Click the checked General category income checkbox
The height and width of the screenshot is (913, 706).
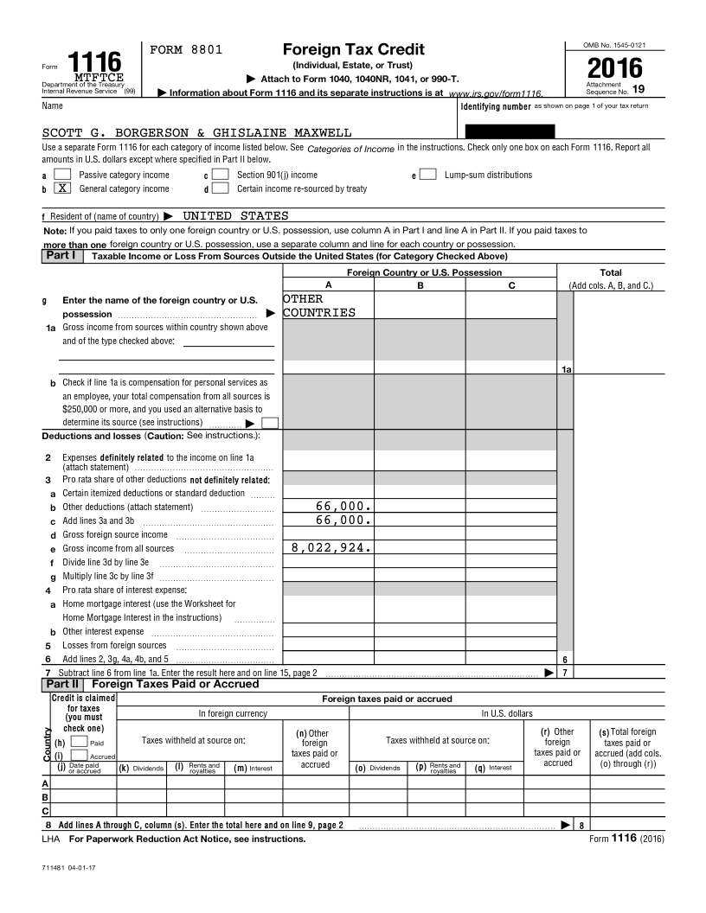pos(62,188)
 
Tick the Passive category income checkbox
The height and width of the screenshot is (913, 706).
pos(62,175)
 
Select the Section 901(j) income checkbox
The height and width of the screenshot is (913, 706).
pos(221,175)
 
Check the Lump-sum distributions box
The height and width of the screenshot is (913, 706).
pos(427,175)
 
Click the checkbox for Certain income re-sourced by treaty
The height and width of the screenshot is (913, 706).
pos(221,188)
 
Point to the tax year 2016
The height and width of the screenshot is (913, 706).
pos(615,68)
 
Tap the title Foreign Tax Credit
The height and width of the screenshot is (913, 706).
pos(341,49)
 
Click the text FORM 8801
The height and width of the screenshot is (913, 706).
pos(186,50)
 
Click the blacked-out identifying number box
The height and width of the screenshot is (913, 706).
pos(510,131)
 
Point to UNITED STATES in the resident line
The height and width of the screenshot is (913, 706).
pos(235,215)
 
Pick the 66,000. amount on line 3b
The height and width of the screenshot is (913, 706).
pos(343,506)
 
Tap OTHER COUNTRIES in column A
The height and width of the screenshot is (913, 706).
pos(318,305)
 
